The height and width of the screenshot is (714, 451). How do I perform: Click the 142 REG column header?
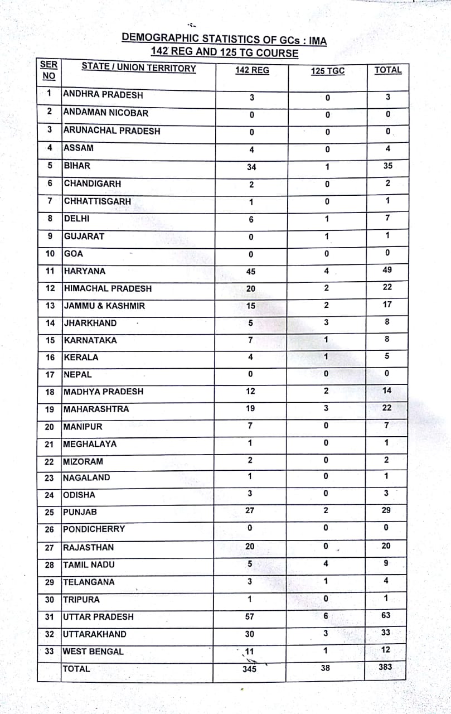[252, 70]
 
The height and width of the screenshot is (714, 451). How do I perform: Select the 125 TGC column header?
[327, 71]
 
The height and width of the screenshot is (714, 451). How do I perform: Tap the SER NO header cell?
[49, 70]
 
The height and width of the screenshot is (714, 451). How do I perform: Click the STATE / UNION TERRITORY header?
[139, 68]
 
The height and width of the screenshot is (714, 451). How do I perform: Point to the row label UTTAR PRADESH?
[99, 617]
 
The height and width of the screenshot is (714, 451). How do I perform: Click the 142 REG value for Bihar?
[251, 167]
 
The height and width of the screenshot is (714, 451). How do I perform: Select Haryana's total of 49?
[387, 270]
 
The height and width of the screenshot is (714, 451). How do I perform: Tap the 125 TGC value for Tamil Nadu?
[326, 564]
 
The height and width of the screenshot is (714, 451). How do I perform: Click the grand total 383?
[385, 667]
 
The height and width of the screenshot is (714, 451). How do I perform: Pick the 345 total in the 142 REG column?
[250, 669]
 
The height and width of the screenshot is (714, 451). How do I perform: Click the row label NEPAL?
[77, 375]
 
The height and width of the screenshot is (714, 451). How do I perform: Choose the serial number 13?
[50, 306]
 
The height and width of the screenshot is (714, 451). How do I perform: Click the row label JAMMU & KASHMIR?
[104, 306]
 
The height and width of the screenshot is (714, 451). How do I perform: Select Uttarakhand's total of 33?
[386, 633]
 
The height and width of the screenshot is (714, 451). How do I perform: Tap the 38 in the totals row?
[326, 667]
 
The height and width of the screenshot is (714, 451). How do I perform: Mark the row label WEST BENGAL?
[94, 652]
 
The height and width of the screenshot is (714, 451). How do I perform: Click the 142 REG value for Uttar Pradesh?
[250, 616]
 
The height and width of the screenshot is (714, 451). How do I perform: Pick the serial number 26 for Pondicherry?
[50, 529]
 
